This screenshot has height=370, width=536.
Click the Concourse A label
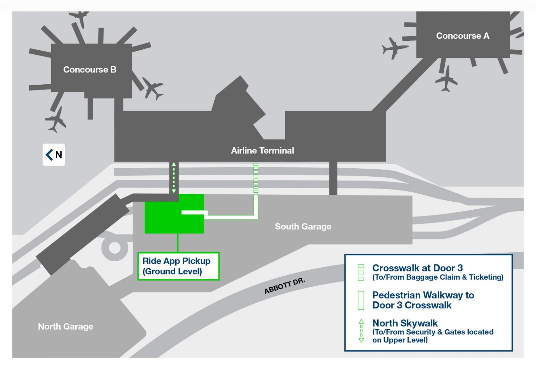pos(462,36)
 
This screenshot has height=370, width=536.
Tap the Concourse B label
pos(90,70)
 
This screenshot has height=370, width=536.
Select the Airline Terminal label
pos(262,151)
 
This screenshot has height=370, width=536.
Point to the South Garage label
pos(303,226)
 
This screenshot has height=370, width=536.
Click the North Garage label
pos(66,326)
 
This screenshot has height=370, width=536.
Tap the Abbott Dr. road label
pos(284,286)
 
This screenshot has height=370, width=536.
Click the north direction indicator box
pos(54,154)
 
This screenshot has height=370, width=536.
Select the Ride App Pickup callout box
pos(178,266)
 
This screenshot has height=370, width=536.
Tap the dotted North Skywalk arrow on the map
pos(174,178)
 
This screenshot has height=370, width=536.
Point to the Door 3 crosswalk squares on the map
pos(256,178)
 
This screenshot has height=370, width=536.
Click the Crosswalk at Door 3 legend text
pos(417,268)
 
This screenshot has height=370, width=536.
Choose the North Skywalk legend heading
pos(405,323)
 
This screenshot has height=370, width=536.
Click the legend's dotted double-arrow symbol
pos(361,331)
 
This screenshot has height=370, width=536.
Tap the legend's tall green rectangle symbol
pos(361,300)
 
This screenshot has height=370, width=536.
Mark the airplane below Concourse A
pos(446,80)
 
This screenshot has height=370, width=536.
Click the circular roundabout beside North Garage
pos(114,248)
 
